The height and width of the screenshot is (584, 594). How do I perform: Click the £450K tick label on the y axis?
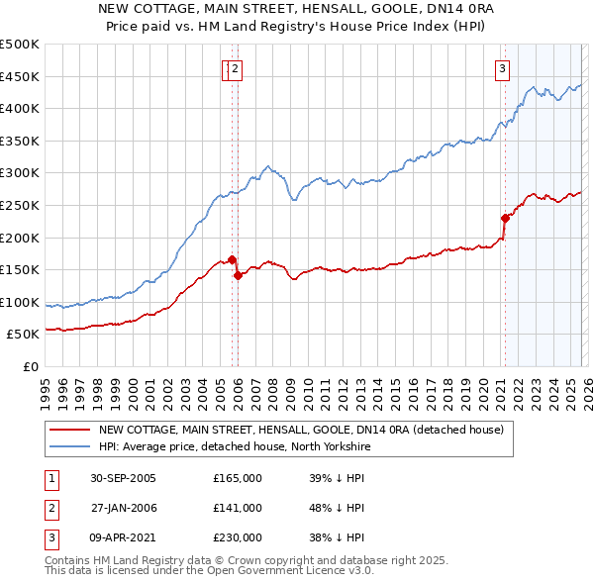pyautogui.click(x=20, y=76)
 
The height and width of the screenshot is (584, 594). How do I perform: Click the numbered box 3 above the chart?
pyautogui.click(x=503, y=68)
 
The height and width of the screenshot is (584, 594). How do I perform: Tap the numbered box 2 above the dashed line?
pyautogui.click(x=238, y=68)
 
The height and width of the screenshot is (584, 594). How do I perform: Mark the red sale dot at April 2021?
pyautogui.click(x=505, y=218)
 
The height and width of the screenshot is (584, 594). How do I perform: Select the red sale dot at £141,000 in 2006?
pyautogui.click(x=238, y=276)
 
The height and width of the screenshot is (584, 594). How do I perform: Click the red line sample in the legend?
pyautogui.click(x=69, y=430)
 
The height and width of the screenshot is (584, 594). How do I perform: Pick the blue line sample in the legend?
pyautogui.click(x=69, y=446)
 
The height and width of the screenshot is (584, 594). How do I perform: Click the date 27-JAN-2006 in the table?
pyautogui.click(x=123, y=508)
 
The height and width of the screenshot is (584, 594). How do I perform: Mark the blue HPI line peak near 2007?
pyautogui.click(x=267, y=166)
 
